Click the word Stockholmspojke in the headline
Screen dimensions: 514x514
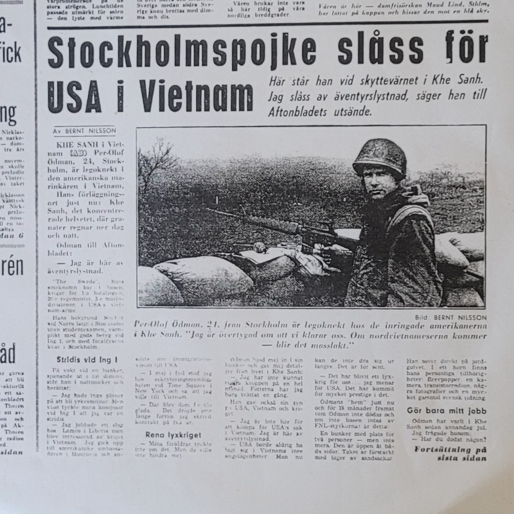168,53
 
